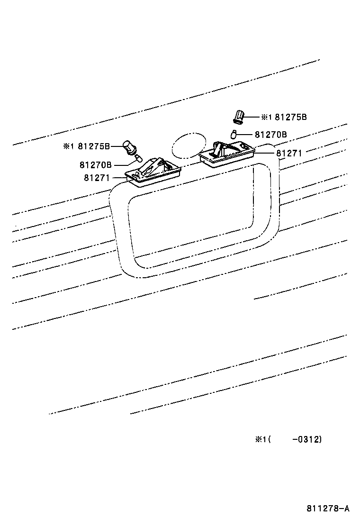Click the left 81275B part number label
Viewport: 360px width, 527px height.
(94, 146)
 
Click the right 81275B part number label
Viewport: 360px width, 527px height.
(291, 117)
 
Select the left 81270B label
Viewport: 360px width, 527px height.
(95, 165)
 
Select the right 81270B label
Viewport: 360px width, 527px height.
(270, 135)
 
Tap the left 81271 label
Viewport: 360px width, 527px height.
(97, 178)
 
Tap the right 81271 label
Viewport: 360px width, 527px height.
(289, 153)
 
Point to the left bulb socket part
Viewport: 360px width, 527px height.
(129, 147)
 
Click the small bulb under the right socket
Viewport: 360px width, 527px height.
(234, 134)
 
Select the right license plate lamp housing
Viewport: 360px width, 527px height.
(226, 152)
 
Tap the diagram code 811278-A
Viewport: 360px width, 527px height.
(328, 509)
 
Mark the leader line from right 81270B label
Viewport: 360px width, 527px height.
(246, 135)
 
